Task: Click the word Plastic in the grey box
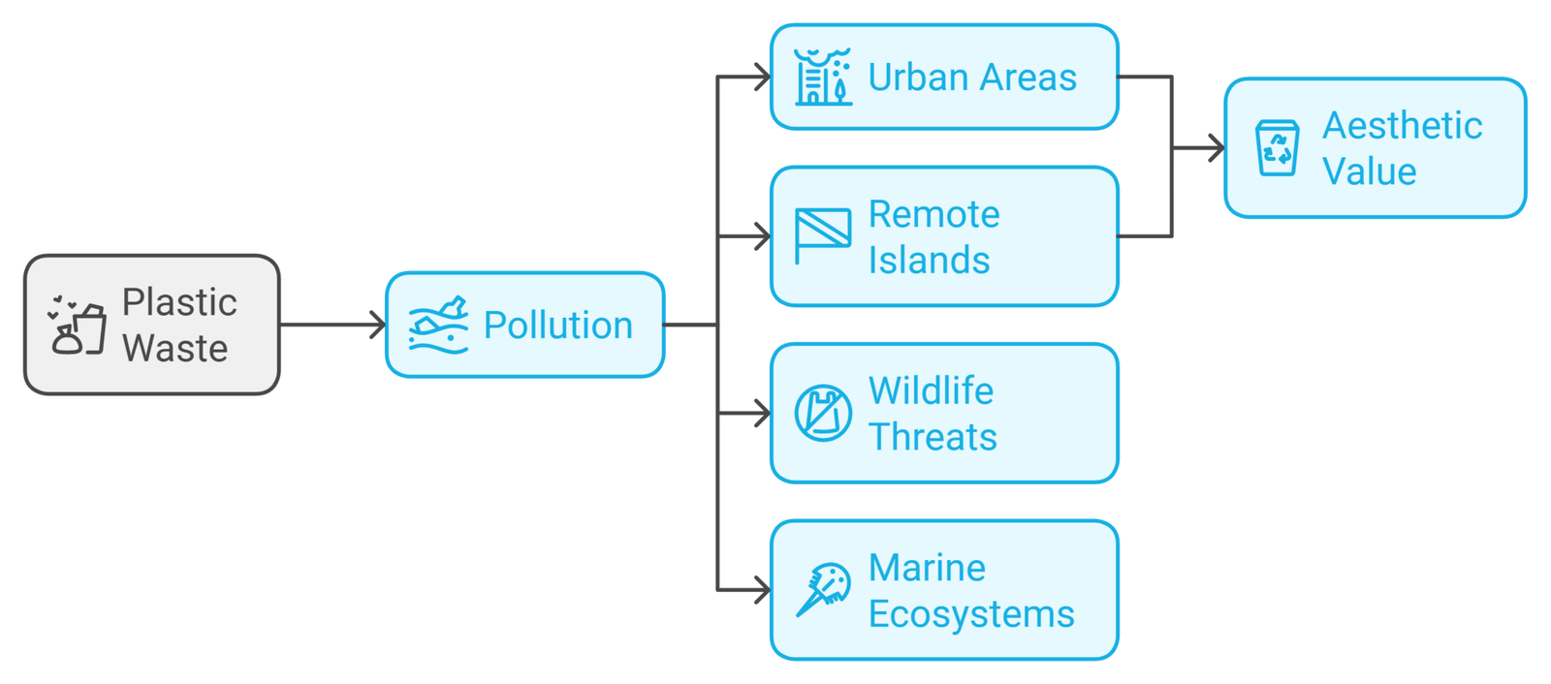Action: tap(179, 302)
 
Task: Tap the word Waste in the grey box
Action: tap(174, 348)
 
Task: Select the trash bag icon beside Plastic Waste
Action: tap(78, 326)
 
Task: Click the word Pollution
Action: tap(557, 326)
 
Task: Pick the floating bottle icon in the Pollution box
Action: tap(438, 325)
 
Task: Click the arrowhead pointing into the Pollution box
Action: tap(379, 325)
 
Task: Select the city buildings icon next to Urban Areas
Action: tap(822, 77)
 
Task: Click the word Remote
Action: tap(934, 214)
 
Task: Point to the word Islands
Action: tap(929, 260)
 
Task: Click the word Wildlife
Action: tap(931, 390)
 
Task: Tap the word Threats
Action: tap(933, 437)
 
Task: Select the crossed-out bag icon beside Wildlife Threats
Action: tap(823, 414)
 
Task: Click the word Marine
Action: tap(927, 568)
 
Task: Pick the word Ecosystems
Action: tap(970, 613)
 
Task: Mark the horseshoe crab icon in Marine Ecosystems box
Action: tap(823, 589)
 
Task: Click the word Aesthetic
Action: tap(1402, 126)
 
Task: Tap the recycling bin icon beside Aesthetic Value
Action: tap(1277, 148)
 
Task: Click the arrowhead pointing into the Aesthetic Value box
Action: tap(1218, 148)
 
